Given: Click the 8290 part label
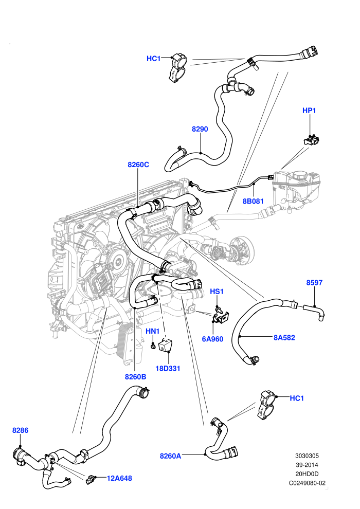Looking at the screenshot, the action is [x=200, y=129].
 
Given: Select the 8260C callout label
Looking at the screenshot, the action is [x=138, y=165].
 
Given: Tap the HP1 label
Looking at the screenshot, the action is [x=309, y=111].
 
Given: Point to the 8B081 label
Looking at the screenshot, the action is [x=253, y=201].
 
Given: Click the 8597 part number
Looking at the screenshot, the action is [x=314, y=282].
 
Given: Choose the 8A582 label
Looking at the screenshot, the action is [x=284, y=338].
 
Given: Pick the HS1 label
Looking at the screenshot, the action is [x=217, y=292].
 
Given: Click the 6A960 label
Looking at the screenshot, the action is [x=212, y=339].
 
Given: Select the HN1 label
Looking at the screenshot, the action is [x=153, y=331].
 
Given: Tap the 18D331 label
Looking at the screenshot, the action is [x=168, y=369].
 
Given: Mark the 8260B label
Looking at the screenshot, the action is [x=136, y=377].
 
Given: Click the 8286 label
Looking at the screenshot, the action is [x=20, y=430].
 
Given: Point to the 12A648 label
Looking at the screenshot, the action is [x=119, y=478].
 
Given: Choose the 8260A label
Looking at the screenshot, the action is [x=170, y=456].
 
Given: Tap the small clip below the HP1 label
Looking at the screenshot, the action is [x=311, y=140].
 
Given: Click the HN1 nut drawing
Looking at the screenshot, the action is [x=153, y=346].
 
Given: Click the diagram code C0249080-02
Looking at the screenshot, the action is [x=307, y=483].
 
